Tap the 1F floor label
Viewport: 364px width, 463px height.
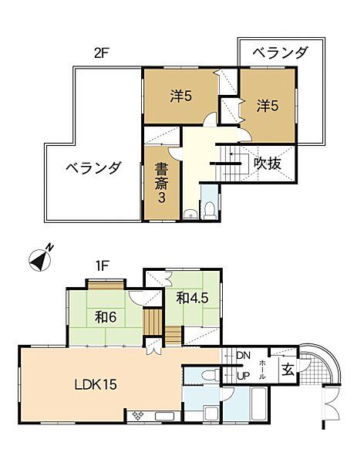101,265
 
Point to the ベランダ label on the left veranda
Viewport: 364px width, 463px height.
93,167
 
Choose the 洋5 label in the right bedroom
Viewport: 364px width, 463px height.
268,103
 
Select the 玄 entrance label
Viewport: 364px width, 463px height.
285,369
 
